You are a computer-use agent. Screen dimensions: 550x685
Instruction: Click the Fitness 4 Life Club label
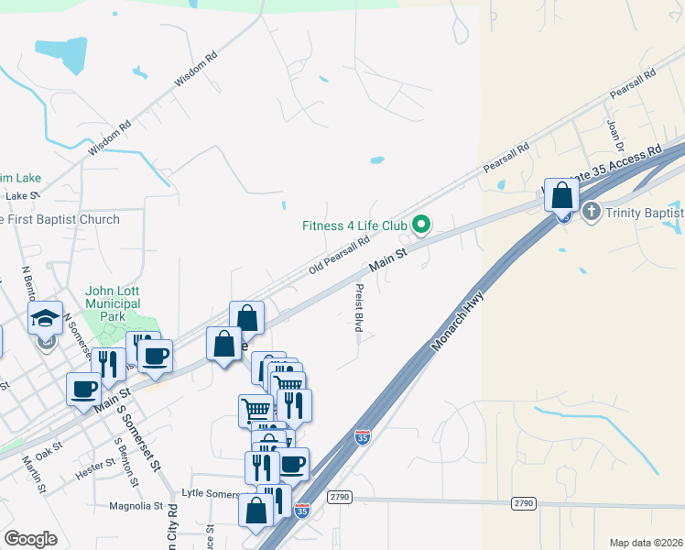354,225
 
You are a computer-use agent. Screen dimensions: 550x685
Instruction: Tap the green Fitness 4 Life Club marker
421,224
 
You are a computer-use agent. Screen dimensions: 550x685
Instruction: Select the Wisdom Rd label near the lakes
195,69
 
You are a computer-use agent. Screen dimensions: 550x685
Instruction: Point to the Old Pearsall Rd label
338,253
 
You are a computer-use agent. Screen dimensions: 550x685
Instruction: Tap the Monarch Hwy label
457,322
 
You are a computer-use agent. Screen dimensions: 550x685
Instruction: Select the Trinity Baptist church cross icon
592,213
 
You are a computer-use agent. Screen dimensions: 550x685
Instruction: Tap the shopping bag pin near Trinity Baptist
561,196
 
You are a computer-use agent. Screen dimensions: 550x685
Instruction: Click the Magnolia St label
135,505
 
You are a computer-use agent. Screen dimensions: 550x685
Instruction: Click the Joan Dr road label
614,135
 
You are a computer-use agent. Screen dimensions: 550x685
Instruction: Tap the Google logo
30,539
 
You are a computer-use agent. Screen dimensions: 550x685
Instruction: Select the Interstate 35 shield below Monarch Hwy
363,438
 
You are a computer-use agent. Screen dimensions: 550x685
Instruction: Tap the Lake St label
23,195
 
